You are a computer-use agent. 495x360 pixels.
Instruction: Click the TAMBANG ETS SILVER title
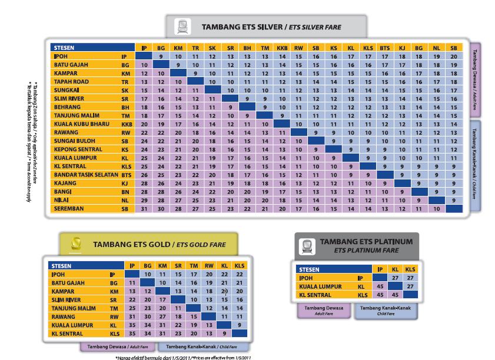tap(271, 27)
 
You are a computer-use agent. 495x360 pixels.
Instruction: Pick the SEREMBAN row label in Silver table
tap(69, 208)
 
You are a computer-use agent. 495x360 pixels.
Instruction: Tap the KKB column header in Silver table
tap(282, 48)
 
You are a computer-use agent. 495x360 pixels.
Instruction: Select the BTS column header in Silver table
tap(385, 48)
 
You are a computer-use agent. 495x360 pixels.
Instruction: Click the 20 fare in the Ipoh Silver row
tap(453, 56)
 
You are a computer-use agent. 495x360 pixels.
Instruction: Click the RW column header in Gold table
tap(209, 266)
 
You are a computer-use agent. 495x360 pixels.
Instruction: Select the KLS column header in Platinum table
tap(410, 269)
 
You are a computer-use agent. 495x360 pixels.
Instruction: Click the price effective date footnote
tap(184, 356)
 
